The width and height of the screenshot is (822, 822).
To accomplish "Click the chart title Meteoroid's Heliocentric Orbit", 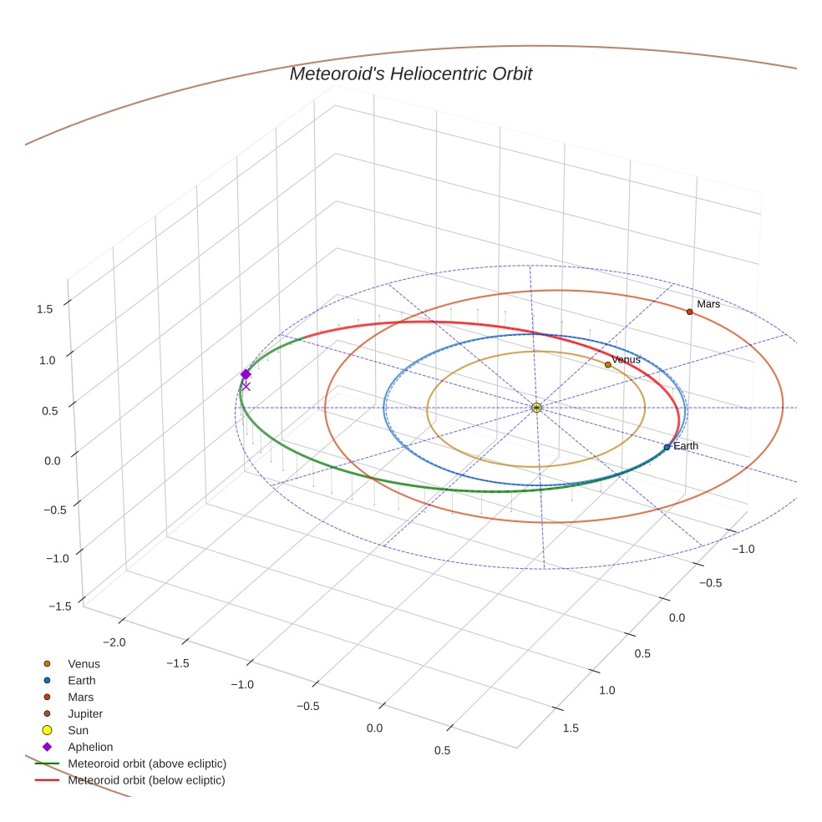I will [410, 74].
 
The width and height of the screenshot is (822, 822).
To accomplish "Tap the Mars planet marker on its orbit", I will [689, 312].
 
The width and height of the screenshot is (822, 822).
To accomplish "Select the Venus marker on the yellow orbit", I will [607, 364].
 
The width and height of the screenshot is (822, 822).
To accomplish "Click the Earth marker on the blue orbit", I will [667, 447].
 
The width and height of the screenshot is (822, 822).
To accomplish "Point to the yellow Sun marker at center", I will [536, 408].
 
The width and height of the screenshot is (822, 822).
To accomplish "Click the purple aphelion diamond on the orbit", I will [246, 374].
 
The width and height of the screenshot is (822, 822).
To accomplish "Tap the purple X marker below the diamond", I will [246, 386].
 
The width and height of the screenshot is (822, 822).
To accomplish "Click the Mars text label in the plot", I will [708, 304].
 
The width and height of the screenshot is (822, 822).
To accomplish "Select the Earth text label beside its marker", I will [686, 446].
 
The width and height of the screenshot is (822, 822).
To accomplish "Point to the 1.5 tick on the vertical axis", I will [45, 308].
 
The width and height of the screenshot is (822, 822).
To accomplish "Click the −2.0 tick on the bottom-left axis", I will [114, 642].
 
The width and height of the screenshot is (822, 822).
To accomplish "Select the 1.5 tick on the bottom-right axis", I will [571, 728].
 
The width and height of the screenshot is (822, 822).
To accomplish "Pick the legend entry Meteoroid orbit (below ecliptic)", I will [146, 780].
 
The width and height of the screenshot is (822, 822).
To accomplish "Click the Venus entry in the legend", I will [84, 663].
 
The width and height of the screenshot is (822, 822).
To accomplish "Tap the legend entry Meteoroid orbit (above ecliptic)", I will [147, 764].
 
